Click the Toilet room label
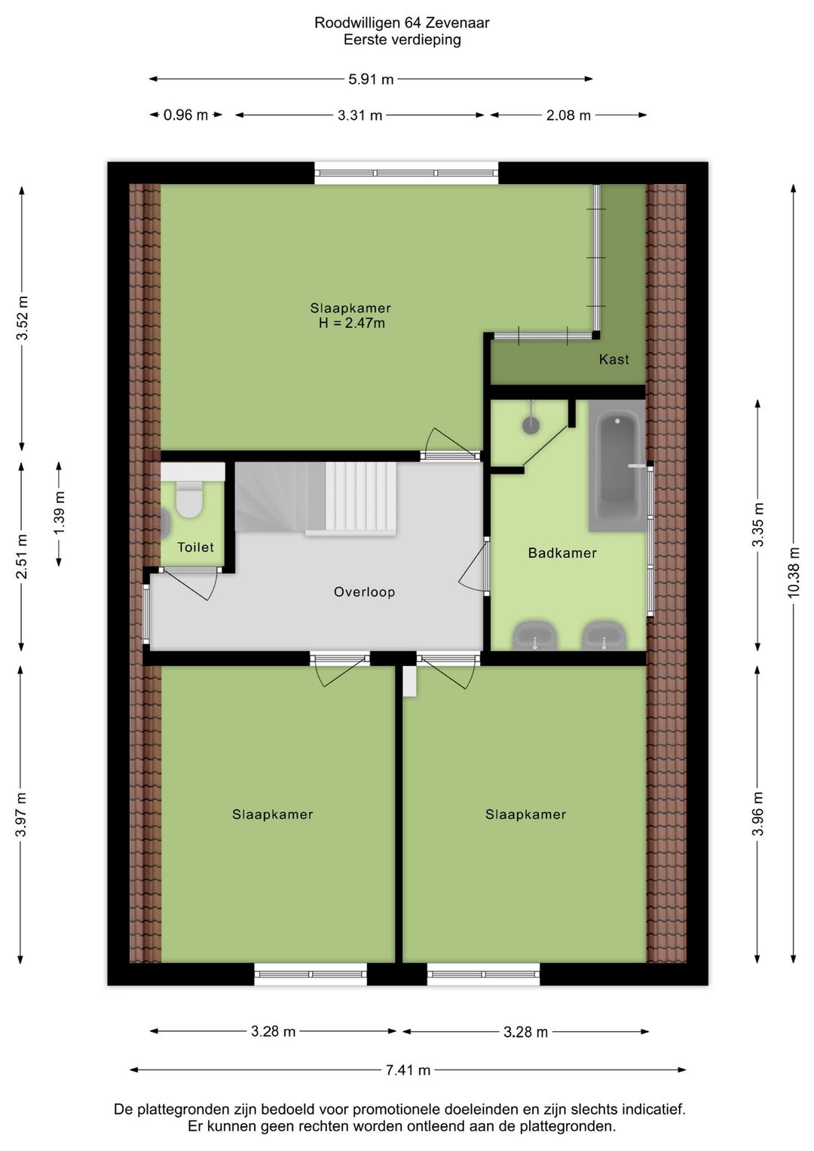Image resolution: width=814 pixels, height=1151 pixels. click(195, 548)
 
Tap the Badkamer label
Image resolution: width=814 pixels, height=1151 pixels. click(562, 553)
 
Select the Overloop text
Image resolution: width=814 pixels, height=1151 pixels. click(365, 592)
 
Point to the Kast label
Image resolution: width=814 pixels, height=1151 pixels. click(614, 359)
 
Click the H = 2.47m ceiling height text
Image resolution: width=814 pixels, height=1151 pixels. click(352, 324)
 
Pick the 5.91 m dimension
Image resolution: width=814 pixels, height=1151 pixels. click(371, 79)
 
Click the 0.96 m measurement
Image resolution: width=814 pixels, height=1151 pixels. click(185, 115)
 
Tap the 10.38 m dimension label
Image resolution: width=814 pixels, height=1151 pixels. click(794, 572)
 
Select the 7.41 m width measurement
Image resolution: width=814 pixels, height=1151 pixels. click(409, 1070)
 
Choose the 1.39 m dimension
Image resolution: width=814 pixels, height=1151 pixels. click(60, 513)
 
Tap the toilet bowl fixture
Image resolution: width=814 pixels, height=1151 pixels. click(189, 499)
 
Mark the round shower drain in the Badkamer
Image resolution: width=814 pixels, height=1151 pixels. click(531, 425)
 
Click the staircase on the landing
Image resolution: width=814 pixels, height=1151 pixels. click(316, 499)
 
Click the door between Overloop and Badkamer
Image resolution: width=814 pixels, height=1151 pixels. click(475, 566)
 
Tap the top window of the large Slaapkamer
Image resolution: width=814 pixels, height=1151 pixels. click(406, 173)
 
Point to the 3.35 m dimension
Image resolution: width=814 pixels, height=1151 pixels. click(758, 525)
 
